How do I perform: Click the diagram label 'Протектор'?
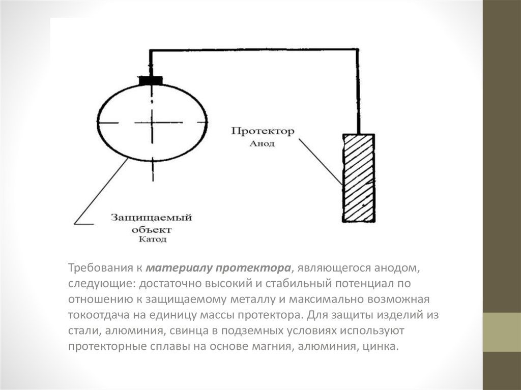[263, 132]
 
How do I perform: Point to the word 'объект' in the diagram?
[151, 229]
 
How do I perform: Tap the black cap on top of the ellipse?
[151, 80]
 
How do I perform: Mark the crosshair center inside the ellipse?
[152, 123]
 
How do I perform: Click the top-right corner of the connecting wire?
[359, 50]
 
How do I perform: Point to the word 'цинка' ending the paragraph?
[379, 347]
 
